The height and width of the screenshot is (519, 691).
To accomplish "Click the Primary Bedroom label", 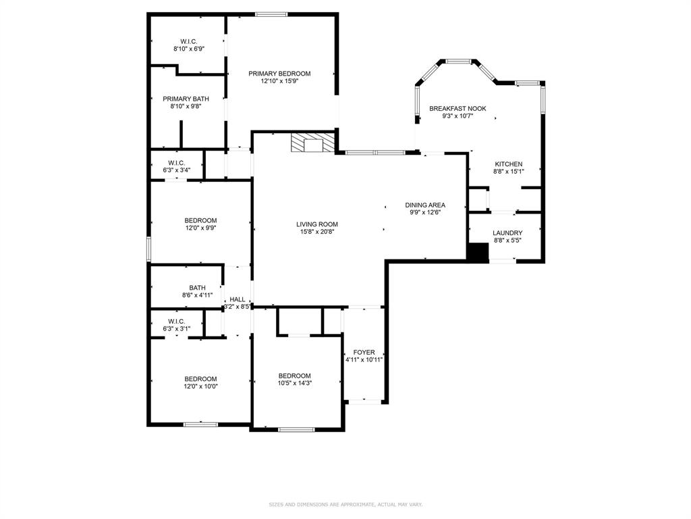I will click(279, 74).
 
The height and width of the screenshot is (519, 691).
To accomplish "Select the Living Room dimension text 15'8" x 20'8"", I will click(317, 232).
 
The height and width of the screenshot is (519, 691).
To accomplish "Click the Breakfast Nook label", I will click(458, 108).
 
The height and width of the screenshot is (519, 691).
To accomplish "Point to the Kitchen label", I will click(508, 164).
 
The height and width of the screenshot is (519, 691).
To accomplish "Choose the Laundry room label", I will click(507, 233).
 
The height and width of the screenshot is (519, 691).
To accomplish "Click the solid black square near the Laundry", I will click(478, 251).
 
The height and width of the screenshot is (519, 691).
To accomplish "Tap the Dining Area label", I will click(425, 205).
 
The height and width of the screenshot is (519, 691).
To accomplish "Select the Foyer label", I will click(364, 352).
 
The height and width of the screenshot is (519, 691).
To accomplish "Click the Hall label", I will click(238, 299).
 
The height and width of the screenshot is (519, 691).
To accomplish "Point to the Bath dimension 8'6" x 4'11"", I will click(197, 295).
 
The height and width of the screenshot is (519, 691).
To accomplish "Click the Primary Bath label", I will click(186, 99).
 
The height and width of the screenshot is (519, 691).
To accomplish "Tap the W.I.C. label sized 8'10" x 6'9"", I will click(188, 41).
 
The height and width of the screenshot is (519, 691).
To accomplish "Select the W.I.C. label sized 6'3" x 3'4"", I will click(176, 163).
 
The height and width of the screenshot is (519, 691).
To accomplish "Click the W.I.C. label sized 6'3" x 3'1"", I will click(176, 321).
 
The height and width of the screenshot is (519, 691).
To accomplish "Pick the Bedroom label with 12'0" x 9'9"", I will click(200, 220).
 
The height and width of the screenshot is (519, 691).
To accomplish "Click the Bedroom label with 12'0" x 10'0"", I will click(200, 378).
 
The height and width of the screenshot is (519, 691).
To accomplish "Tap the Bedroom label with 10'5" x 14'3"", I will click(295, 376).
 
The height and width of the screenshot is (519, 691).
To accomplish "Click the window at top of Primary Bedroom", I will click(271, 13).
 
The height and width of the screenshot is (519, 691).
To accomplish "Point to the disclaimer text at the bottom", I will click(345, 504).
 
